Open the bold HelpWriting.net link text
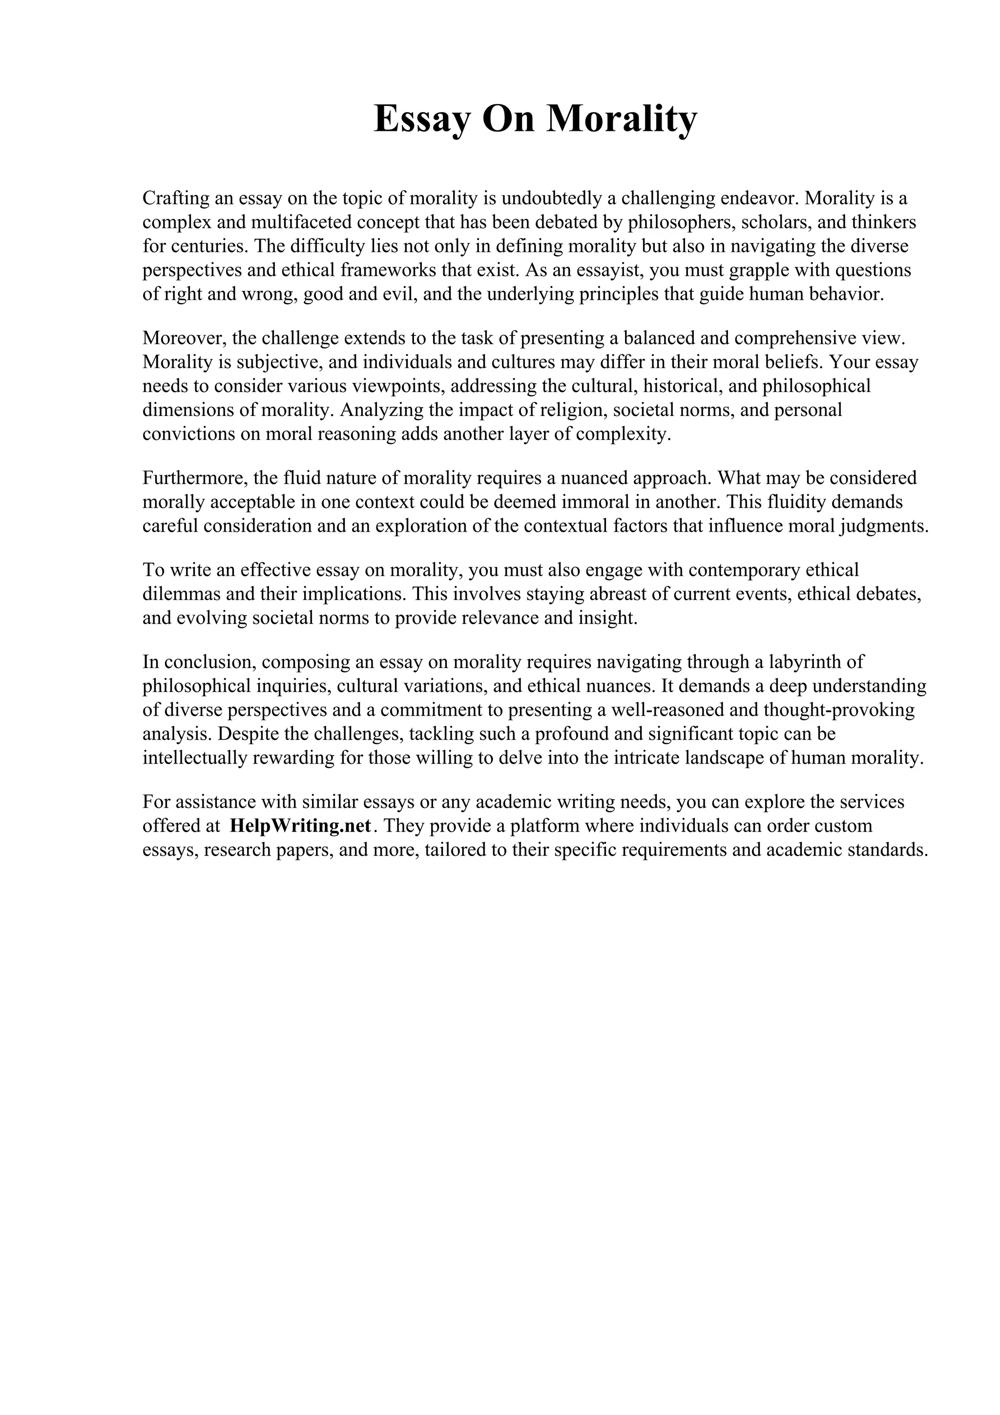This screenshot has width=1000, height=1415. pyautogui.click(x=300, y=826)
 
